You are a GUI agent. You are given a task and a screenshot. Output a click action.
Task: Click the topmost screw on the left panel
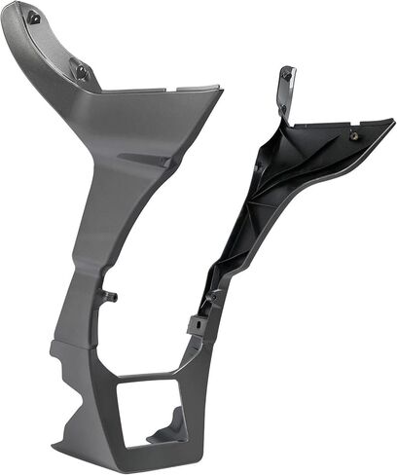tap(34, 16)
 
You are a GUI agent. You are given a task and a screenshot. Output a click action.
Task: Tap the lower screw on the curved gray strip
tap(82, 70)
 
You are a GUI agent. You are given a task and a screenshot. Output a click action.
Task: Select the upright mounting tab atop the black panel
tap(285, 88)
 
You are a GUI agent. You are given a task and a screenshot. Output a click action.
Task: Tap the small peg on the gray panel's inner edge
tap(110, 293)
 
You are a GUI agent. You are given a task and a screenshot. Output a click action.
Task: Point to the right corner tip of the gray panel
tap(219, 91)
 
